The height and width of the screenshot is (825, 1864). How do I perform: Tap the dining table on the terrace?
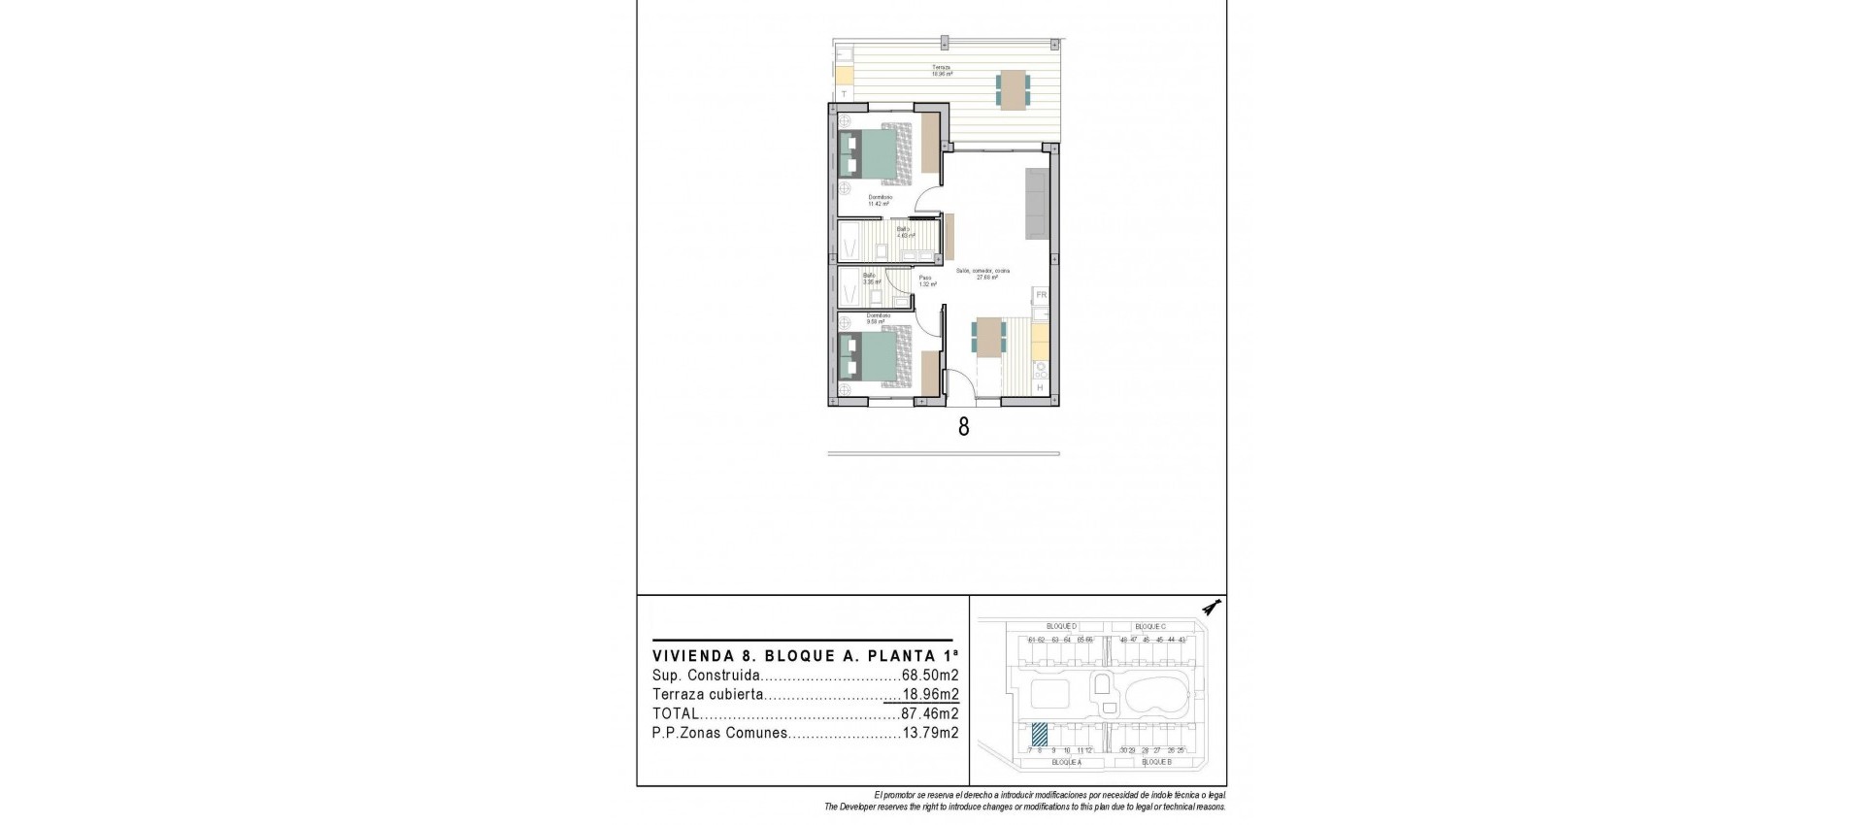pos(1013,89)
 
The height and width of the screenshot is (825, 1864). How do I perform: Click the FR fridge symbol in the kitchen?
pos(1040,294)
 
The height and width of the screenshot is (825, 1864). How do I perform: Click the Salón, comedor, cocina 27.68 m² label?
pos(982,274)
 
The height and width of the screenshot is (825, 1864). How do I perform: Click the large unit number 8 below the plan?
pos(963,427)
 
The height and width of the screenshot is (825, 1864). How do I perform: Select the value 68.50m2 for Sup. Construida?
pos(930,676)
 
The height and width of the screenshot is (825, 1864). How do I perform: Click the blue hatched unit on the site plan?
pos(1038,735)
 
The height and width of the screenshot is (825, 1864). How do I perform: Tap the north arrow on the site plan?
pos(1210,608)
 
